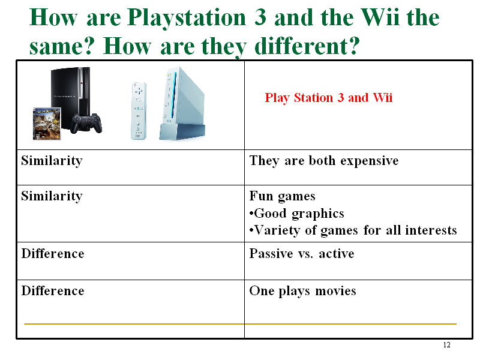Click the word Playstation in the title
(x=187, y=18)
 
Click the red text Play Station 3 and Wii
(x=328, y=98)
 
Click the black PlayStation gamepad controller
(x=86, y=124)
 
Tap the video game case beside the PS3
(x=47, y=124)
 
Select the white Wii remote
(x=139, y=110)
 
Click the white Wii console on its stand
(x=182, y=103)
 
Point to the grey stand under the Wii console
(x=182, y=132)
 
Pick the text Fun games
(x=282, y=196)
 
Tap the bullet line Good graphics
(x=296, y=214)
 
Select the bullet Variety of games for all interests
(x=353, y=230)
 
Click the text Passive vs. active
(x=302, y=254)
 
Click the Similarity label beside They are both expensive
(x=52, y=161)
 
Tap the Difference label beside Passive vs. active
(x=53, y=254)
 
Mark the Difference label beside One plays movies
(x=53, y=291)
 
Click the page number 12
(x=446, y=345)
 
